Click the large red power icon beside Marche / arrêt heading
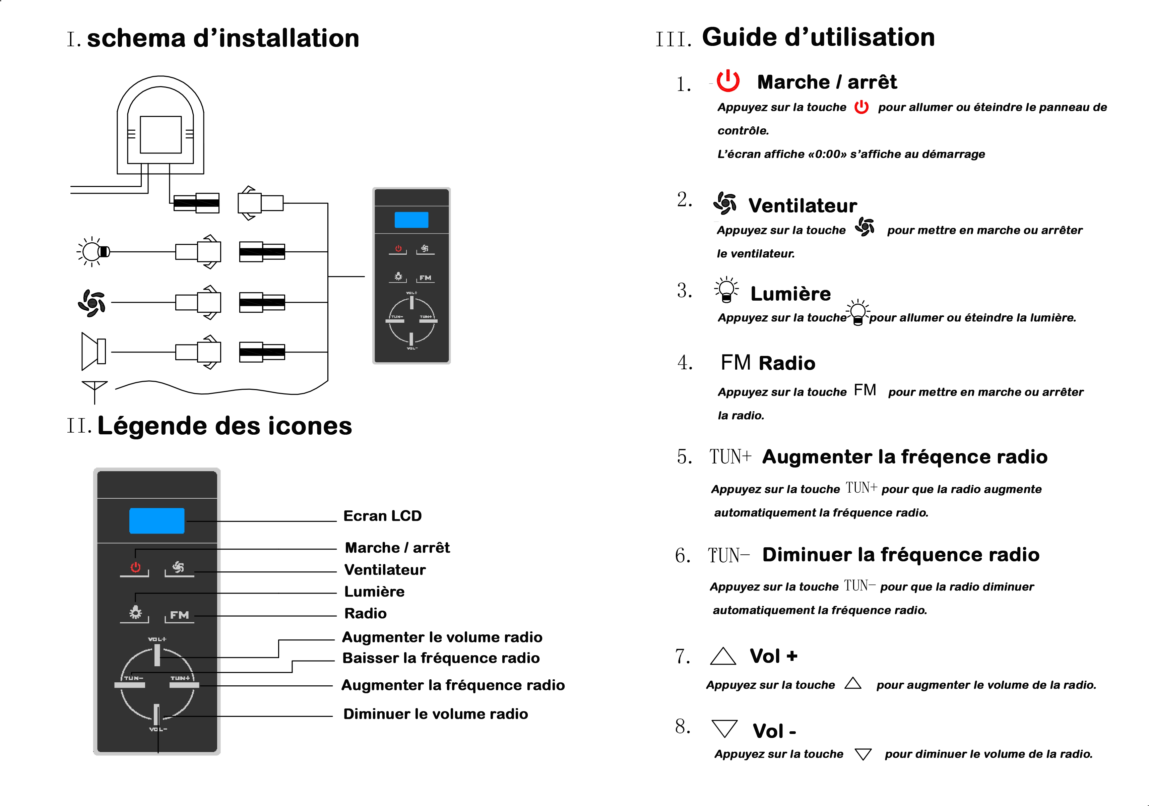(x=728, y=81)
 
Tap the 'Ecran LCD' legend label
(x=382, y=516)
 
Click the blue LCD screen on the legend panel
(x=156, y=521)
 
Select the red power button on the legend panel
(x=135, y=567)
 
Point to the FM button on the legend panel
(x=179, y=615)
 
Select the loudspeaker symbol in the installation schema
(x=93, y=352)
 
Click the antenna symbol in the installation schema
(x=94, y=390)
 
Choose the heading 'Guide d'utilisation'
(x=818, y=37)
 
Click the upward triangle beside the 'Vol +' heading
(x=723, y=656)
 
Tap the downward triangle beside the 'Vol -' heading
(x=724, y=728)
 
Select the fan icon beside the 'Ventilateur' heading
(x=725, y=203)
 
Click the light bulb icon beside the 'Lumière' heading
(x=726, y=289)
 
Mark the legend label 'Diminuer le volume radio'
(x=435, y=714)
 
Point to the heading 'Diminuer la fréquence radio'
(x=901, y=555)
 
